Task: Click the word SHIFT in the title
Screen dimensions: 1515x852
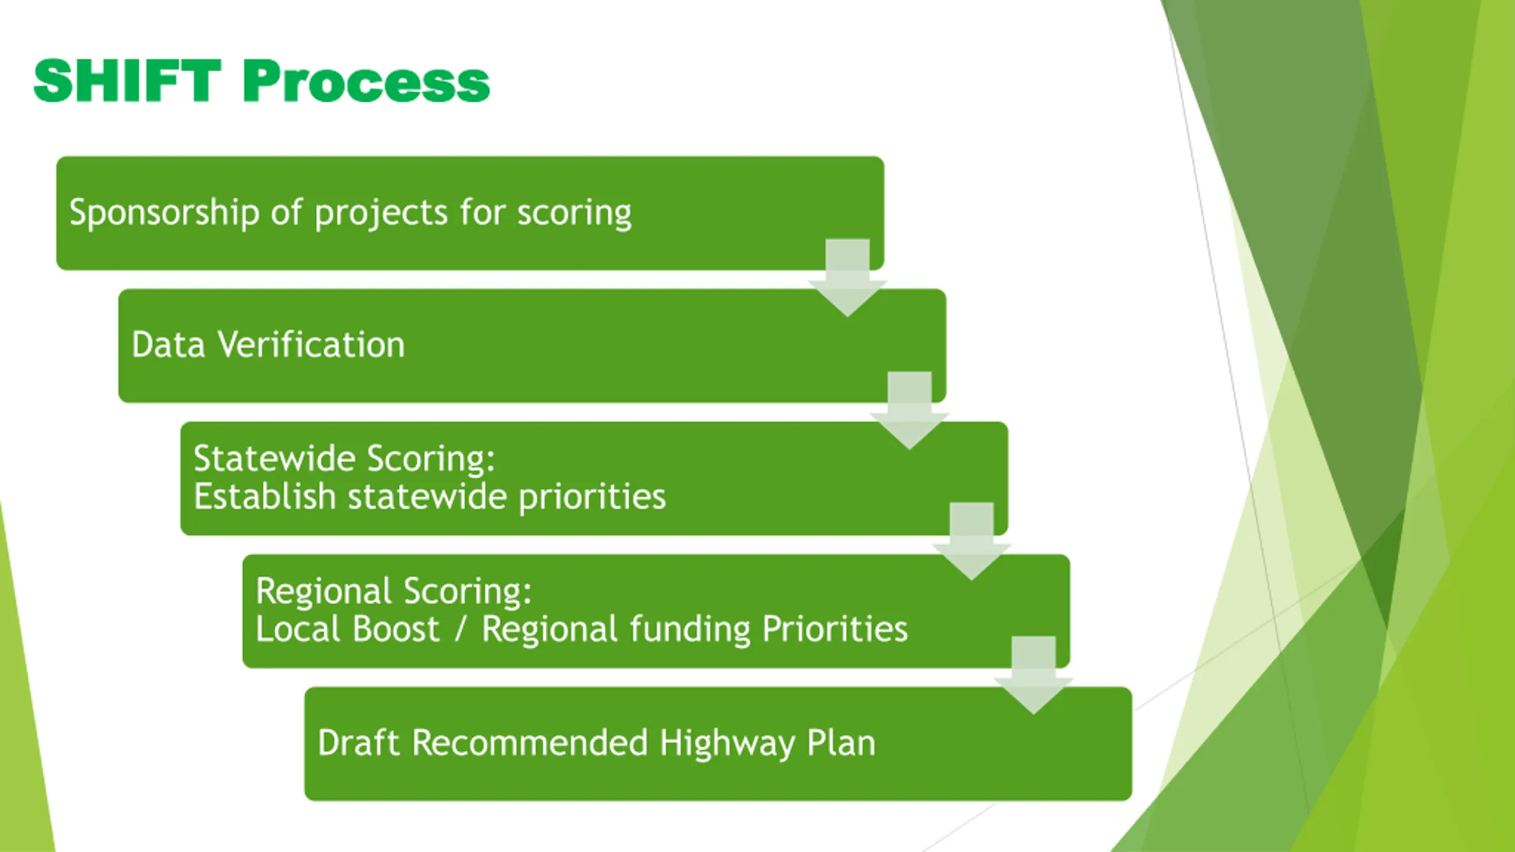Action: (127, 81)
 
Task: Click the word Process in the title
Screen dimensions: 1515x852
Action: (366, 81)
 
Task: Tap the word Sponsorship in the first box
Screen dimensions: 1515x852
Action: (164, 212)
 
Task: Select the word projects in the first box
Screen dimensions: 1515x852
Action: (381, 212)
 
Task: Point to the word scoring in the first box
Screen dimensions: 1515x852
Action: (574, 212)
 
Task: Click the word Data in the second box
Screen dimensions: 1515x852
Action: (168, 345)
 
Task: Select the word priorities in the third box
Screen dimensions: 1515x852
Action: (592, 497)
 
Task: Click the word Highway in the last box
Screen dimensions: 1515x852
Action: (727, 744)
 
